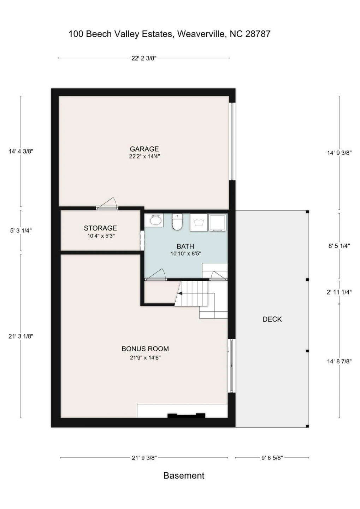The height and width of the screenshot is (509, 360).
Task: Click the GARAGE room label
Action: [144, 149]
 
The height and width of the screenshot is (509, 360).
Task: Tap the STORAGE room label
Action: [100, 228]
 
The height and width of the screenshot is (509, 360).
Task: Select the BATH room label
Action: [185, 246]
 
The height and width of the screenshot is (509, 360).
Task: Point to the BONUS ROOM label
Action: [145, 349]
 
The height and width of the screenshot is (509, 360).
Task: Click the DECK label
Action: [272, 319]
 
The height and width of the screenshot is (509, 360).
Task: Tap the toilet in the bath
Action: [177, 222]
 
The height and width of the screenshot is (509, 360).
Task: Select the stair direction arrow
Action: [180, 293]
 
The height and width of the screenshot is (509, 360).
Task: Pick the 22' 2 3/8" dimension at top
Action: [144, 58]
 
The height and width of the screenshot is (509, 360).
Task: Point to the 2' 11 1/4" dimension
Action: [339, 292]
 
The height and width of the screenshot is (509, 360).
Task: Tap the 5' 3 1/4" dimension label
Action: [21, 230]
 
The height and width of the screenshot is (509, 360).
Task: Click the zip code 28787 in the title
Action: [258, 34]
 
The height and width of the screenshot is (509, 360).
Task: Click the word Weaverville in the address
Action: [201, 34]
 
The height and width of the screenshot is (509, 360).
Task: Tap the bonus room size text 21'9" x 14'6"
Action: [145, 358]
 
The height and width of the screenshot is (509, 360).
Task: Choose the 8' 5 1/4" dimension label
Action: [339, 246]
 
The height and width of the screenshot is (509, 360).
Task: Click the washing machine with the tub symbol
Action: [199, 222]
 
